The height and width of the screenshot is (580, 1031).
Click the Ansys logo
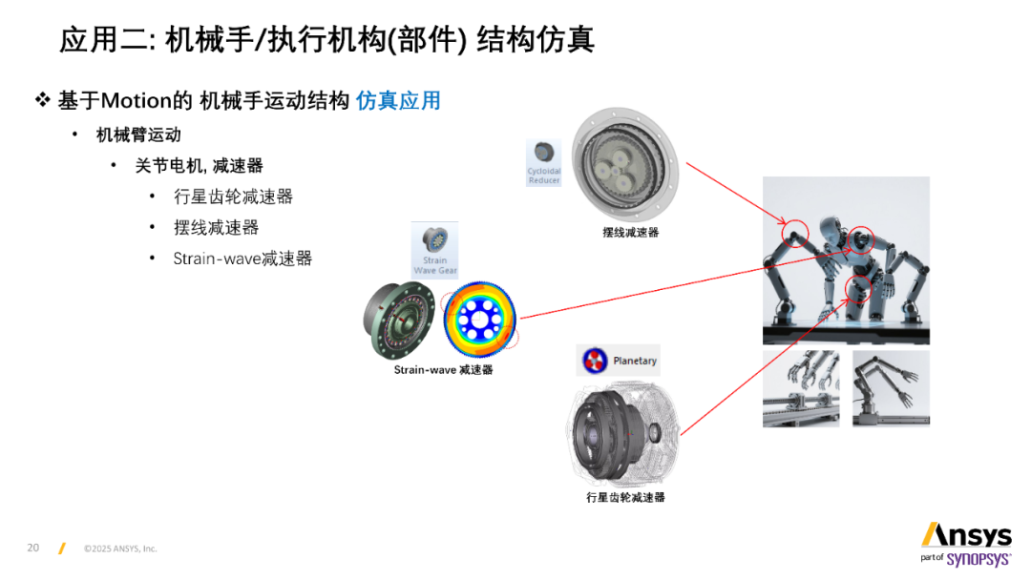[x=966, y=535]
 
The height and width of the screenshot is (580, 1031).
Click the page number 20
[x=32, y=548]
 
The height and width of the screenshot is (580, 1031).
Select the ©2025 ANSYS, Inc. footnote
[x=120, y=549]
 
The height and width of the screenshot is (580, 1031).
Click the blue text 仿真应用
[x=398, y=100]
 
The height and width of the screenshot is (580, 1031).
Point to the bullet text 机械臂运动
[x=138, y=135]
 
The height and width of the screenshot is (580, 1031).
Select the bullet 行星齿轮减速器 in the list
[x=234, y=197]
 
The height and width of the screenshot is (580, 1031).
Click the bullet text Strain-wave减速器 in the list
[x=242, y=259]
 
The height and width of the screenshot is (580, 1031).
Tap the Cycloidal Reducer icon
[x=544, y=163]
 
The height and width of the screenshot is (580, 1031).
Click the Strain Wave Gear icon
[x=434, y=250]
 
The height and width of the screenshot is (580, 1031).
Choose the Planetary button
[x=618, y=361]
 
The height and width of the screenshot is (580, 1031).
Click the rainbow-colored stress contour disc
[x=479, y=320]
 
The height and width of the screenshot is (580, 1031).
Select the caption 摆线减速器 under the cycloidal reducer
[x=631, y=232]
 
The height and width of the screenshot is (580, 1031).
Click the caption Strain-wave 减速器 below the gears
[x=443, y=370]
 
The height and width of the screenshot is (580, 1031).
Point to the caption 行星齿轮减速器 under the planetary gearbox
[x=625, y=497]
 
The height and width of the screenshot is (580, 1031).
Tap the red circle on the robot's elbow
[x=795, y=233]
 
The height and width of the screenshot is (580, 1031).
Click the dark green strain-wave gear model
[x=399, y=320]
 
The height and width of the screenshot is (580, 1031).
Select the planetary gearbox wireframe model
[x=622, y=434]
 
